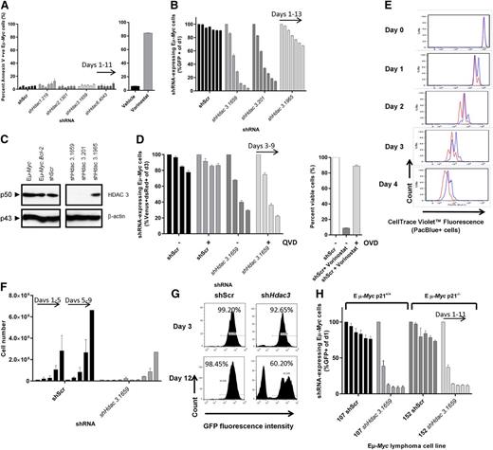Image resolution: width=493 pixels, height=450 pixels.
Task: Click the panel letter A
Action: [6, 6]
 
